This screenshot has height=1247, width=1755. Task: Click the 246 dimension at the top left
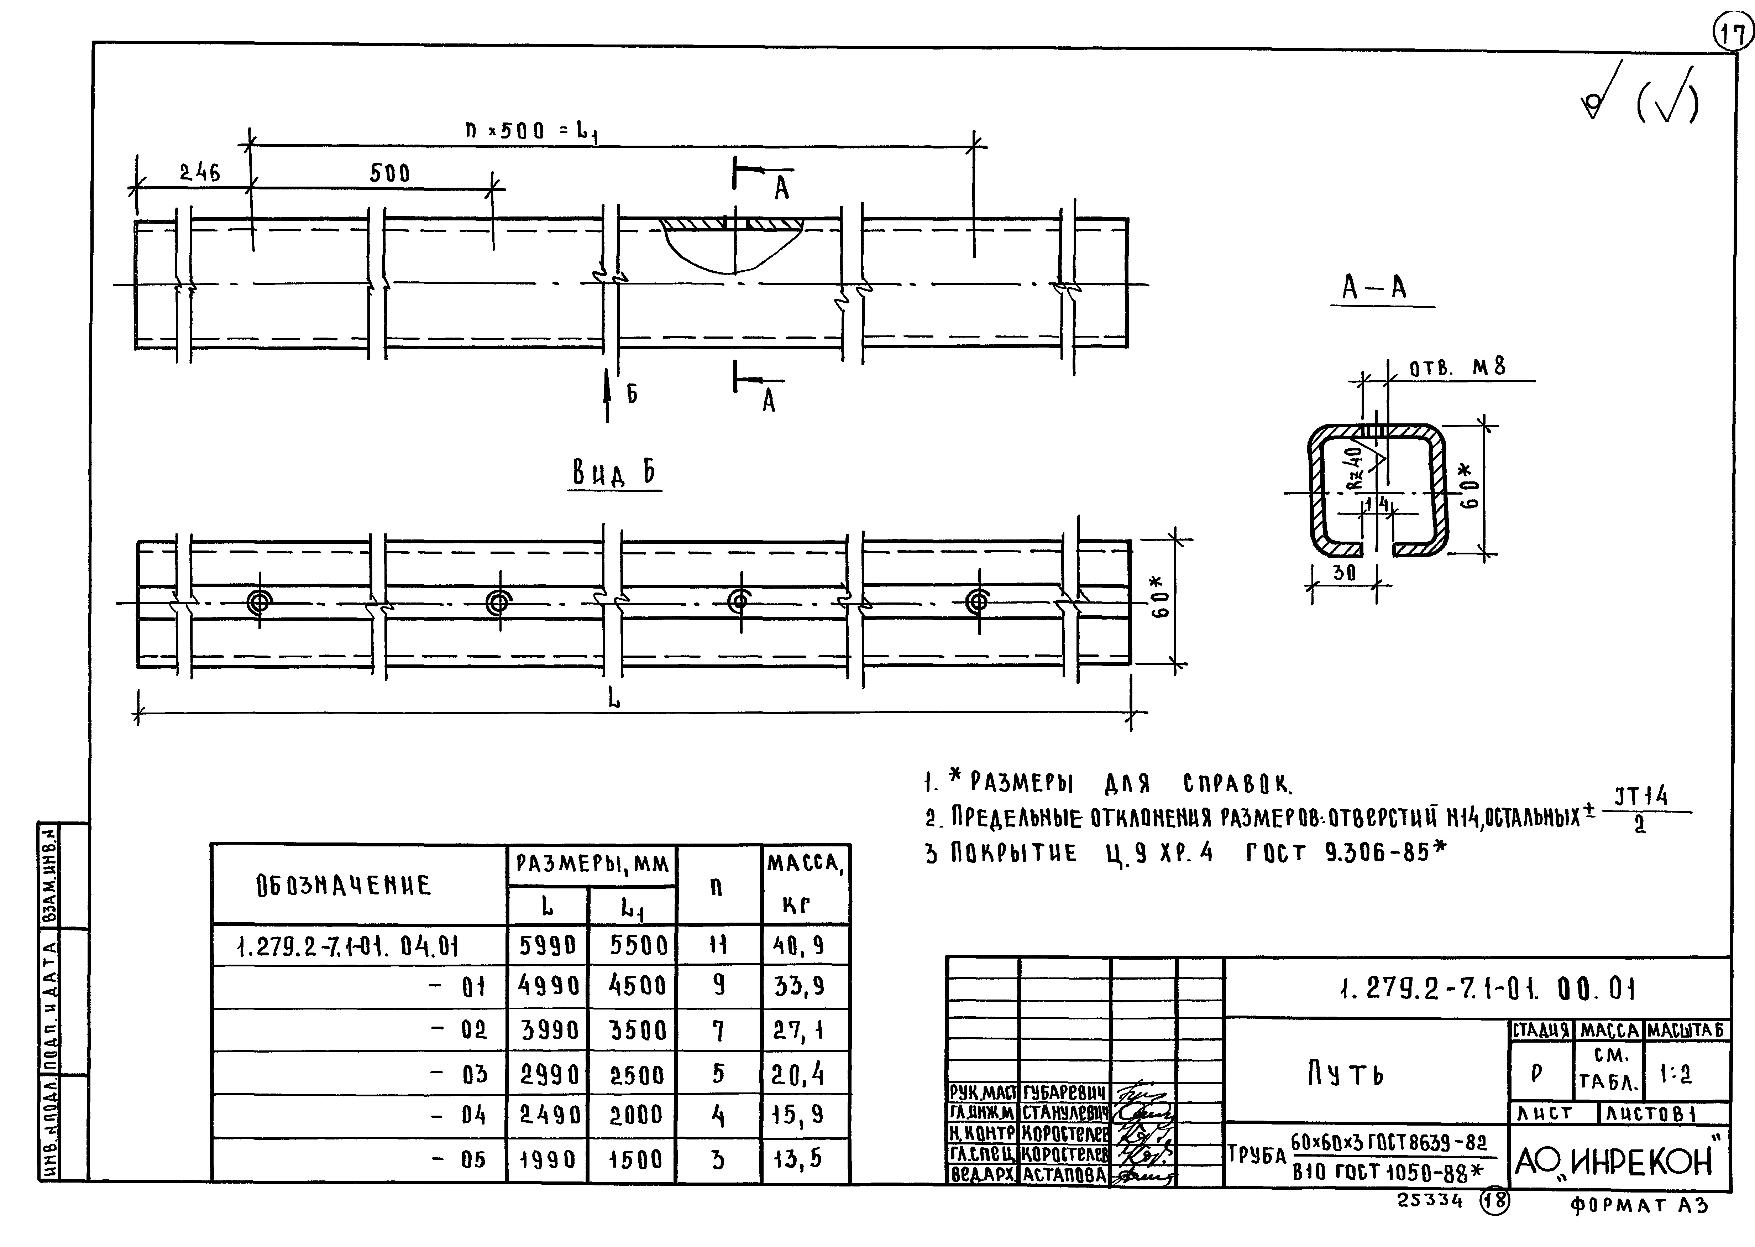(x=200, y=173)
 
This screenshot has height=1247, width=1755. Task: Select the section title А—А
(x=1374, y=288)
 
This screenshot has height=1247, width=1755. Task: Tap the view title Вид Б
(x=614, y=474)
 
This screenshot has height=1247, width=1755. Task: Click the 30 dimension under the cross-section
(x=1344, y=573)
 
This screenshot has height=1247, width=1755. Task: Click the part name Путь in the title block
(x=1345, y=1074)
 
